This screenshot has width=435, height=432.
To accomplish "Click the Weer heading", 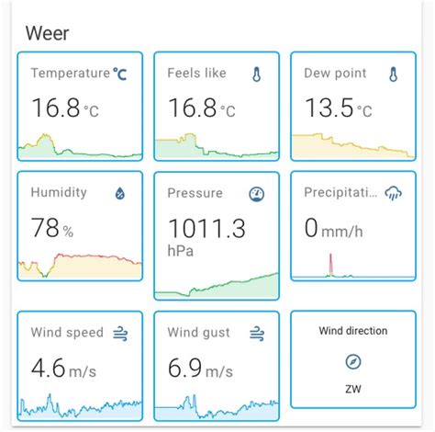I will click(48, 33).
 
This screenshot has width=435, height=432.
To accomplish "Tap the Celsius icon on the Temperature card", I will click(121, 74).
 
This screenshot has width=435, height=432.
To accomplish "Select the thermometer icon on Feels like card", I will click(256, 74).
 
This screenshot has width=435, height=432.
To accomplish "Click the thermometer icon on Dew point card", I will click(393, 74).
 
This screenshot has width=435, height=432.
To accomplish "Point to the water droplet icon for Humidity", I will click(119, 193).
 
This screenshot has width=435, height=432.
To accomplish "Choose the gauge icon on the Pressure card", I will click(257, 194).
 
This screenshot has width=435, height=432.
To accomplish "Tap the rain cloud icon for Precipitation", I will click(394, 193).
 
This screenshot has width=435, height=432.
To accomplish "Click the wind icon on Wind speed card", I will click(120, 333).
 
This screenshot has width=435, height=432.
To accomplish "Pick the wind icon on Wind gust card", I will click(257, 333).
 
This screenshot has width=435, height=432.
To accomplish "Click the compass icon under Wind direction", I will click(353, 362).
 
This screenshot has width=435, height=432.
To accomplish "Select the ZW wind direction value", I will click(353, 390).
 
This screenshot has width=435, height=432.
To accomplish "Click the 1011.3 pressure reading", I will click(206, 227).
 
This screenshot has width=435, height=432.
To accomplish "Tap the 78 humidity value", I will click(45, 227).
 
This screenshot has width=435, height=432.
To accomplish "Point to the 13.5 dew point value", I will click(329, 108).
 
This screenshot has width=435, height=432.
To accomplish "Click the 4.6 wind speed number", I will click(48, 368).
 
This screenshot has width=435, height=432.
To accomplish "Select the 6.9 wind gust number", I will click(184, 368).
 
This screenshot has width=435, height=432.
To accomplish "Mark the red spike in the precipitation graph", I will click(331, 265).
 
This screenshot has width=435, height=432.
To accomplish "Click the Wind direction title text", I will click(353, 331).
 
